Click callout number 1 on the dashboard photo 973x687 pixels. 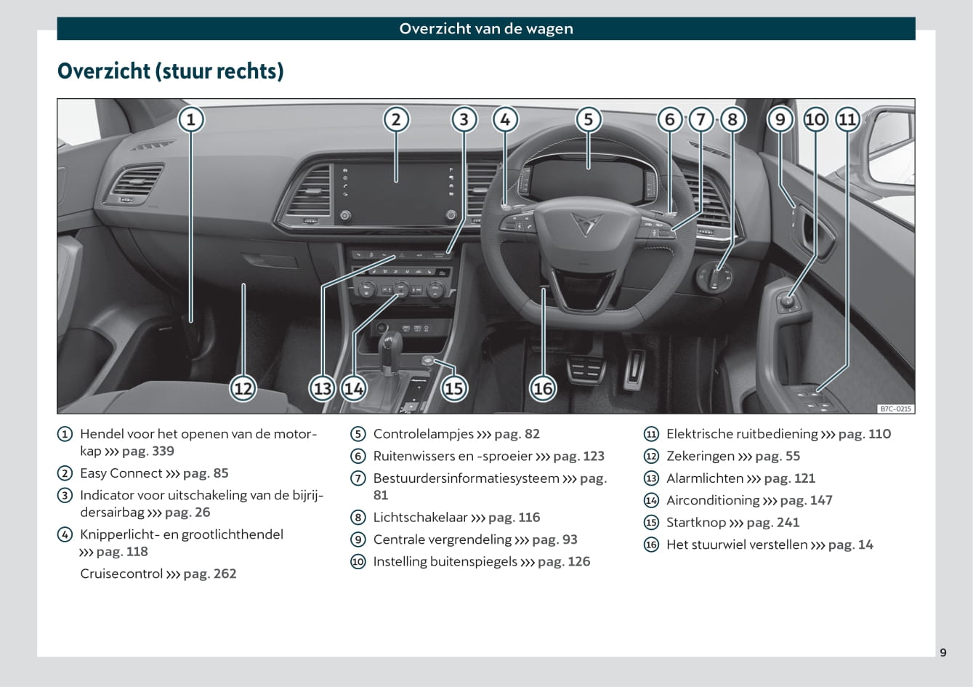(191, 119)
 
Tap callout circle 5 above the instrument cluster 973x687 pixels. (589, 119)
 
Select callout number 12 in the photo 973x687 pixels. (243, 388)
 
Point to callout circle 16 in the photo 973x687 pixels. (543, 388)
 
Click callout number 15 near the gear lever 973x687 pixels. (454, 388)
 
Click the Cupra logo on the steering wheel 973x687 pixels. (586, 224)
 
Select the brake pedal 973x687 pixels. (586, 369)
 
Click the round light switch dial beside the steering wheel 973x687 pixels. (714, 276)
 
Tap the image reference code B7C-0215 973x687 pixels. (896, 409)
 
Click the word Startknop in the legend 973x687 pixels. (696, 522)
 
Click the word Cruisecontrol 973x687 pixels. (121, 574)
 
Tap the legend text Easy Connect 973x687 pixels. (121, 473)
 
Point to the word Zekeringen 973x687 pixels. (701, 457)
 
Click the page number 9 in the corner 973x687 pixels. (943, 652)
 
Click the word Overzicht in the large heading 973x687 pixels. (104, 71)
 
